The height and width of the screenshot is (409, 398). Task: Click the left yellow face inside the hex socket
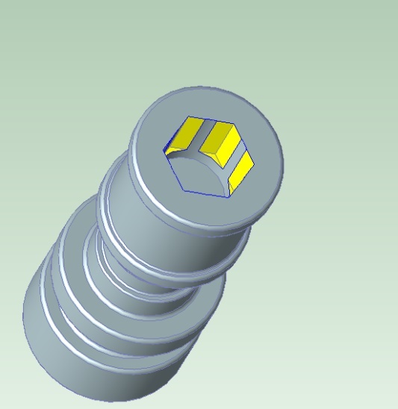click(x=184, y=136)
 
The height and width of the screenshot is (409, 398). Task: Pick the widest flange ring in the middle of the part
click(x=112, y=313)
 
